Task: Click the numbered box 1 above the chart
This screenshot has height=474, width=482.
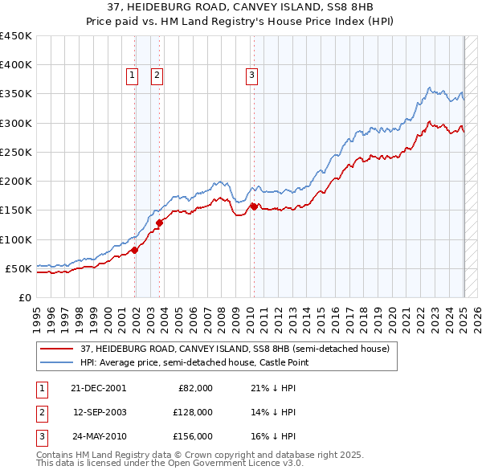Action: tap(131, 76)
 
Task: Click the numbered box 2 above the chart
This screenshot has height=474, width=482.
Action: tap(156, 76)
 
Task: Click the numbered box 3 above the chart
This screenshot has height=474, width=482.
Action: tap(251, 76)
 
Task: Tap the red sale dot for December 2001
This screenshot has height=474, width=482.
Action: tap(135, 250)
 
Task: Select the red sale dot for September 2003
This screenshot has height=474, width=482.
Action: tap(160, 223)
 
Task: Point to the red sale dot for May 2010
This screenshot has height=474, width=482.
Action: tap(254, 206)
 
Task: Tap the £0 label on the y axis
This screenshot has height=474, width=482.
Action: tap(24, 297)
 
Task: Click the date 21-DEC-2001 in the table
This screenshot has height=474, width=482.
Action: tap(99, 388)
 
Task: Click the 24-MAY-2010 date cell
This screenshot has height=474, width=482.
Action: tap(99, 436)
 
